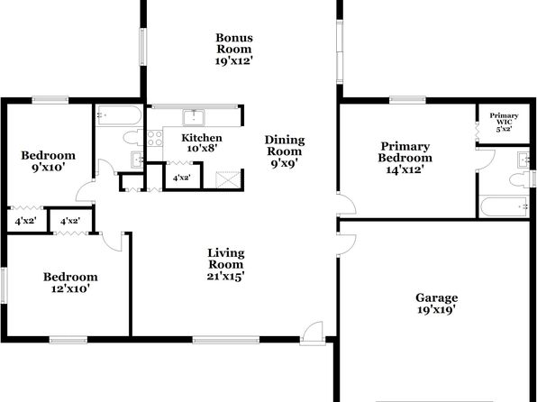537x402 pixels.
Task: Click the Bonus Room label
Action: point(234,49)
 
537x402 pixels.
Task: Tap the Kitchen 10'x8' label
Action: point(202,143)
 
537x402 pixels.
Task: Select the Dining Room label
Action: point(285,151)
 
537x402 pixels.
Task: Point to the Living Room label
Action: point(226,265)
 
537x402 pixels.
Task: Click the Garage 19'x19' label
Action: point(436,304)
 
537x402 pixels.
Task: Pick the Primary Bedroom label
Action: point(405,158)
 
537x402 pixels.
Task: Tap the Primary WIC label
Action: point(504,123)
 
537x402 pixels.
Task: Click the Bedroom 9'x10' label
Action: point(49,161)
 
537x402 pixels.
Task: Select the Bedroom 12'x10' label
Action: point(70,283)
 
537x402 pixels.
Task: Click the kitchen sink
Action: point(194,117)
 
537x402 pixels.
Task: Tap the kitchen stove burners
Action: point(154,138)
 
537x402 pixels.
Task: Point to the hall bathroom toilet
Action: point(132,138)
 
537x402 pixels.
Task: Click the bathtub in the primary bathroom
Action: point(504,206)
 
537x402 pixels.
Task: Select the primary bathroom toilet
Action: point(520,180)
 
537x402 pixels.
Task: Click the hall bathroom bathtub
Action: point(119,115)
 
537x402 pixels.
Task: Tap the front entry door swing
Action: point(313,333)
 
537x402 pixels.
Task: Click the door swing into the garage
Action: point(347,244)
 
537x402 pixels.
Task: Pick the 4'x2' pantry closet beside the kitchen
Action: point(181,178)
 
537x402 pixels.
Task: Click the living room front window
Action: point(226,340)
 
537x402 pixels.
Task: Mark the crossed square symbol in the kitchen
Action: point(227,180)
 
